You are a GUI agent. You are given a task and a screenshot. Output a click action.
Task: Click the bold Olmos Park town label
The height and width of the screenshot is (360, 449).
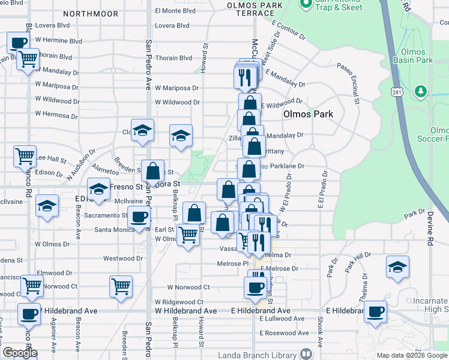click(307, 114)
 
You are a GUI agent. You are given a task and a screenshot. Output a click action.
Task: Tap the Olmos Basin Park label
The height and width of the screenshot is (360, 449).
click(413, 56)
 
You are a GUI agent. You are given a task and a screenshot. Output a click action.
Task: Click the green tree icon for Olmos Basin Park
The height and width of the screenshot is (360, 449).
click(421, 91)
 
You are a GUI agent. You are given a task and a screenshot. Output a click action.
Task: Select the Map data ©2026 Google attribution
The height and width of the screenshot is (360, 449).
click(411, 355)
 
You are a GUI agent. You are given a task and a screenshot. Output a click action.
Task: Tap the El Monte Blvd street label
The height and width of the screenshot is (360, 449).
click(175, 10)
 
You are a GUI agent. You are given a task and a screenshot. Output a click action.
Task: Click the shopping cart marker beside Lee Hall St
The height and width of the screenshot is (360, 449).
click(25, 156)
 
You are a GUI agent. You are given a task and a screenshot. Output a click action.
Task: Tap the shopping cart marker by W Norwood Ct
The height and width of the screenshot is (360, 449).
click(121, 286)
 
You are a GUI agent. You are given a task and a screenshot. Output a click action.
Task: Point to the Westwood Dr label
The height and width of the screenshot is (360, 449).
click(123, 259)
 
